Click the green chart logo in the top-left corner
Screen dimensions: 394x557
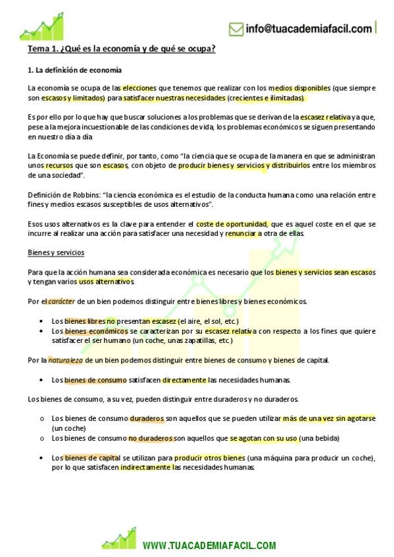(41, 26)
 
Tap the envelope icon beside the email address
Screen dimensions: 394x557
(236, 29)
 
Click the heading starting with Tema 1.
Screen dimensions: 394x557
(122, 49)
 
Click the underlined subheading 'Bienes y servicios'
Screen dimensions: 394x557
(56, 253)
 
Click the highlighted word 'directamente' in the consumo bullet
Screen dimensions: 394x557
(185, 380)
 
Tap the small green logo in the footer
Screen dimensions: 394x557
(118, 539)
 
